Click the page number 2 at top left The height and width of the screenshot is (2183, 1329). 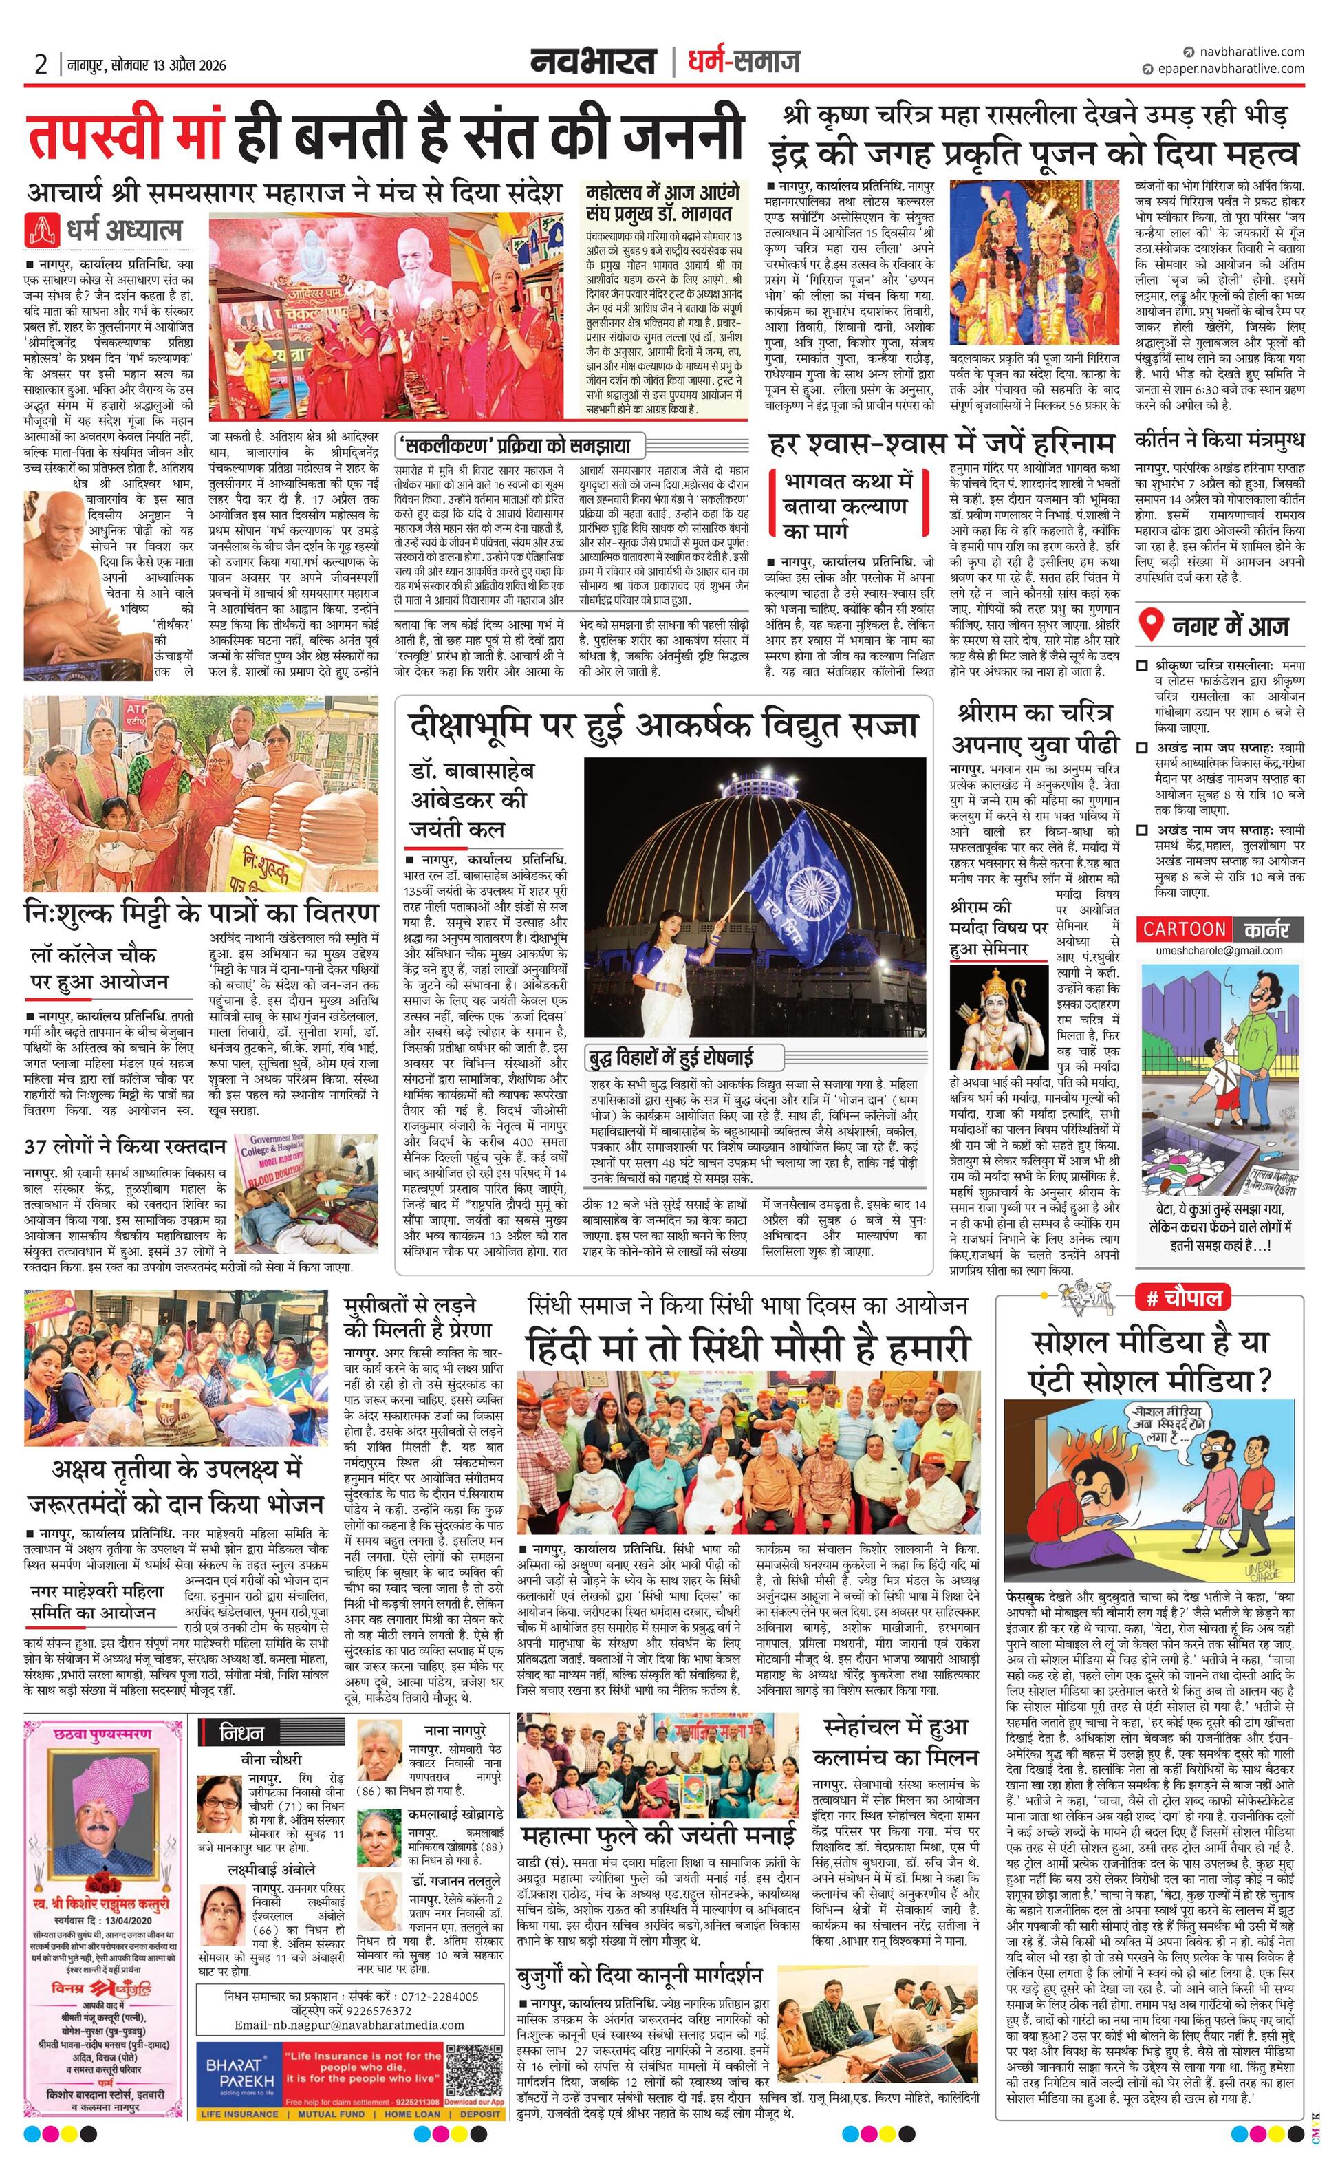[40, 64]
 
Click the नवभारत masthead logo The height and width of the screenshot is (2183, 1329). [593, 61]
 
